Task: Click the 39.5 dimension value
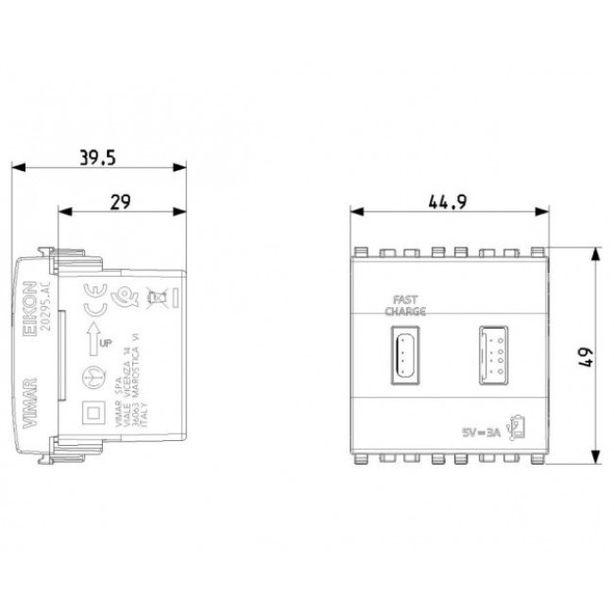[97, 158]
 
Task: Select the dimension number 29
[119, 200]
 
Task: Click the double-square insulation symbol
[93, 414]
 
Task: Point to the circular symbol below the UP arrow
[93, 375]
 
